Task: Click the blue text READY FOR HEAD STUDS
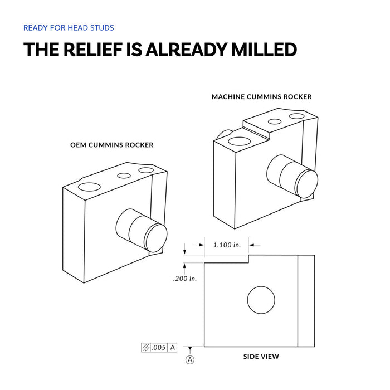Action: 69,28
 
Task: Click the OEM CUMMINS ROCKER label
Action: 111,145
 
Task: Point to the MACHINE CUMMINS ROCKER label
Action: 261,96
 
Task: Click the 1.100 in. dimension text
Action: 227,245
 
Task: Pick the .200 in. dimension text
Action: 185,279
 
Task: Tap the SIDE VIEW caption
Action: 261,357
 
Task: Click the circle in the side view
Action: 261,286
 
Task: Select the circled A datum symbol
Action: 190,360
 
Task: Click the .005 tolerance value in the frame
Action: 158,347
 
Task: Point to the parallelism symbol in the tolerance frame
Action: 146,348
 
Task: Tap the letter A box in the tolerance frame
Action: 172,347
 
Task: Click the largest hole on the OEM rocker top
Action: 89,187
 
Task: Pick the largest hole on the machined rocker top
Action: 239,141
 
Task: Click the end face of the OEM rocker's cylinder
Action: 155,238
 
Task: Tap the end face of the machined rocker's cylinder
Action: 306,184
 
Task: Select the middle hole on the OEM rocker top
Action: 124,175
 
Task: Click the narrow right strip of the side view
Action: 306,301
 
